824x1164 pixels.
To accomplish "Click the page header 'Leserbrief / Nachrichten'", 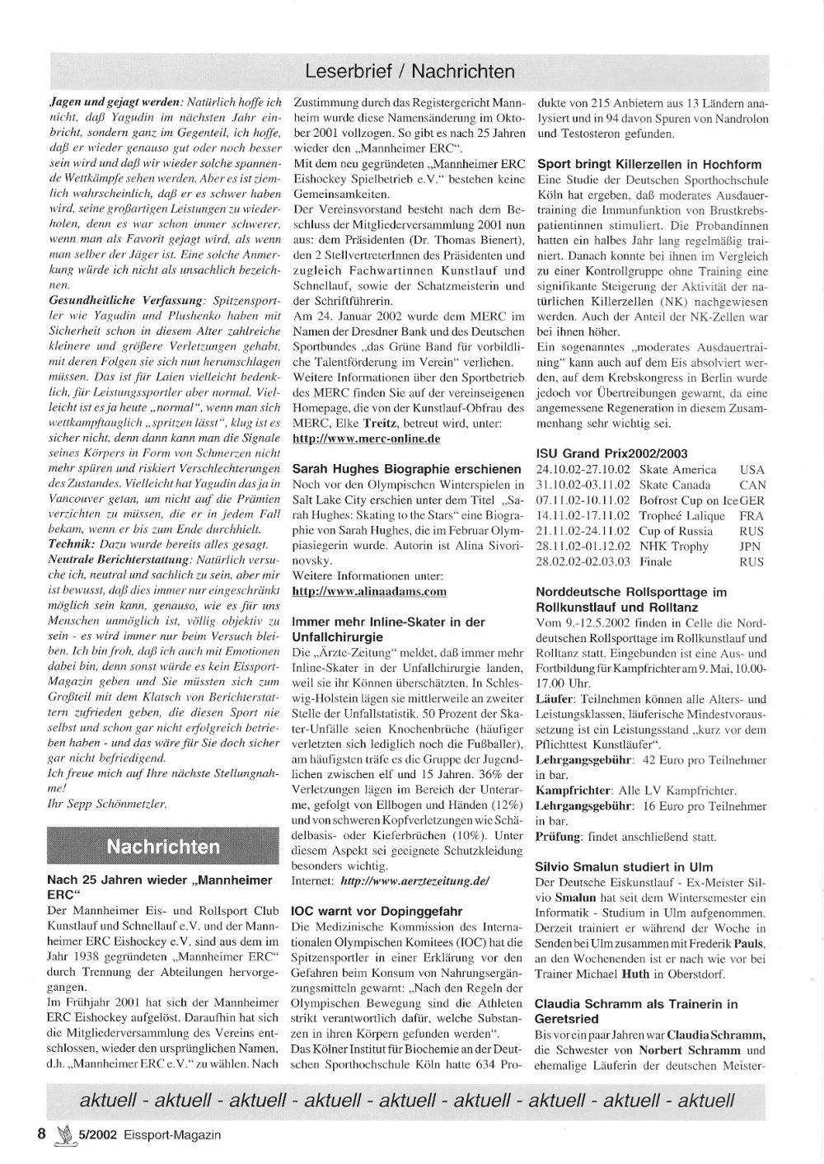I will pyautogui.click(x=410, y=72).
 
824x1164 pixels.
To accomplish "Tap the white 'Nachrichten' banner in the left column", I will pyautogui.click(x=163, y=846).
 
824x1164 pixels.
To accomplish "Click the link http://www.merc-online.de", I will pyautogui.click(x=366, y=439).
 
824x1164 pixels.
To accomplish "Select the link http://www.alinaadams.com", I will pyautogui.click(x=369, y=591).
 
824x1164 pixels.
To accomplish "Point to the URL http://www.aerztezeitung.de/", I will pyautogui.click(x=415, y=881).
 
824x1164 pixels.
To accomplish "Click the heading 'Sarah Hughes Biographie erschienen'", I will pyautogui.click(x=406, y=469).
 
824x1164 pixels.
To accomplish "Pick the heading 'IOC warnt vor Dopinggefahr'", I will pyautogui.click(x=377, y=912).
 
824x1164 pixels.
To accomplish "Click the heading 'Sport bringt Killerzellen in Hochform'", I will pyautogui.click(x=648, y=164).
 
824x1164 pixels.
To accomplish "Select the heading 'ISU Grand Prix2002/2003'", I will pyautogui.click(x=611, y=453).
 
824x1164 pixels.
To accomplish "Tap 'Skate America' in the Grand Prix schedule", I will pyautogui.click(x=677, y=470).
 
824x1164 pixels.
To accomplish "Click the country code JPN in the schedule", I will pyautogui.click(x=751, y=547).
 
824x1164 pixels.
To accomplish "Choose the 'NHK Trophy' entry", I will pyautogui.click(x=673, y=547).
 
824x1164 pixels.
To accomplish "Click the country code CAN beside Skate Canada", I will pyautogui.click(x=752, y=486).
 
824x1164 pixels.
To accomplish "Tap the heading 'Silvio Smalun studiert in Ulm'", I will pyautogui.click(x=624, y=867).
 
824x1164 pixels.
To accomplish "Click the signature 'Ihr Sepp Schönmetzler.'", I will pyautogui.click(x=107, y=803).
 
